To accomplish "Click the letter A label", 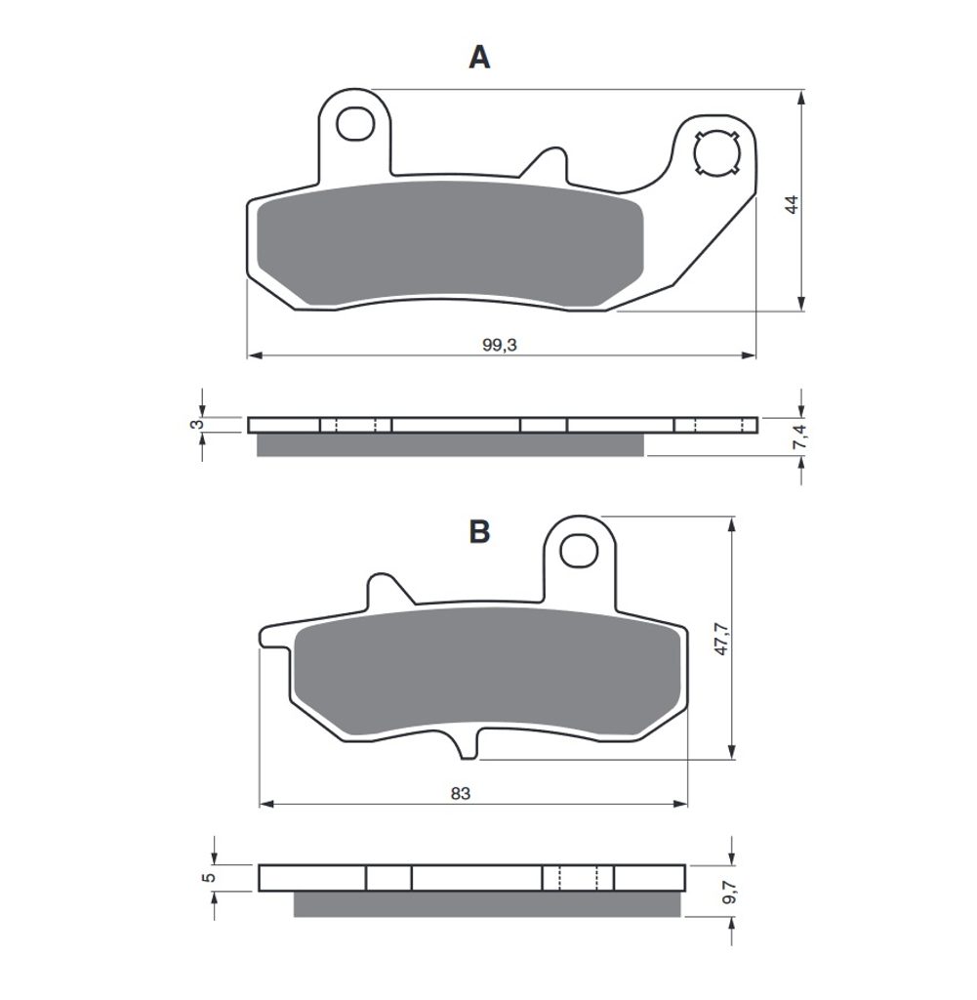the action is (479, 58).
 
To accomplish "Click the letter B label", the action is (479, 531).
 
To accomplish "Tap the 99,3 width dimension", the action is (500, 345).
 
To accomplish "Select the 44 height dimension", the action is (792, 205).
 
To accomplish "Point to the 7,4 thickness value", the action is (800, 437).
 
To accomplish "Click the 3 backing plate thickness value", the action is (198, 424).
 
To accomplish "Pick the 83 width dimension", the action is (460, 793).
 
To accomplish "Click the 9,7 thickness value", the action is (730, 891).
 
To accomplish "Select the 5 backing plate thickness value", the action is (209, 878).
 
